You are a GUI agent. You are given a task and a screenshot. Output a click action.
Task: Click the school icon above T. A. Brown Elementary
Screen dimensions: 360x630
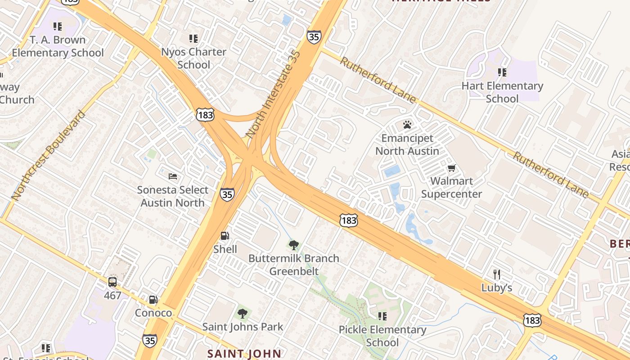(57, 27)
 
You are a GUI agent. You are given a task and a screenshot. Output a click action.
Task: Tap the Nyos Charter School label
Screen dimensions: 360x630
(193, 58)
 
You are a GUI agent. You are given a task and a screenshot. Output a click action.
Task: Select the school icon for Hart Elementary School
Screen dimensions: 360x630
(502, 72)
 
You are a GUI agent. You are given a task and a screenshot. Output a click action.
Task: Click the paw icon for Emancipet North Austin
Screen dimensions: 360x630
(407, 124)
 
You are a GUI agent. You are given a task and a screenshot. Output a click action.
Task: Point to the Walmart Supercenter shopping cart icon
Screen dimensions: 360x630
(451, 168)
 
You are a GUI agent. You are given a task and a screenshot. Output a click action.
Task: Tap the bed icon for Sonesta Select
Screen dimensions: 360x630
(173, 176)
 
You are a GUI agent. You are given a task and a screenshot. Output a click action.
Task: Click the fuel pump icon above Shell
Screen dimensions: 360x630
(225, 235)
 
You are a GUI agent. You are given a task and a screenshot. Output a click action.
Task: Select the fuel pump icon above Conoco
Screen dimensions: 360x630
(153, 299)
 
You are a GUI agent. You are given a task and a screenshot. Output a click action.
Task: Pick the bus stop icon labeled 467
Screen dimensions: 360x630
(112, 282)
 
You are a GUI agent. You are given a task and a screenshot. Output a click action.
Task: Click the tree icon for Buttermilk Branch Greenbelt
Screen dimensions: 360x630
(294, 245)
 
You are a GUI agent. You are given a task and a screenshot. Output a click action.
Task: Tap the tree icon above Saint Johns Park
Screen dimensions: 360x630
(243, 313)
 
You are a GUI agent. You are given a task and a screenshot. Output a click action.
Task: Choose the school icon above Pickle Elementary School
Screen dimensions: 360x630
(382, 316)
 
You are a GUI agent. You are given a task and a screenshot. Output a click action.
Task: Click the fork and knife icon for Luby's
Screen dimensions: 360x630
(497, 274)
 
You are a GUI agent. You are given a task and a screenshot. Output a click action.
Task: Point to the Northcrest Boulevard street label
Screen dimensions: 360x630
(48, 155)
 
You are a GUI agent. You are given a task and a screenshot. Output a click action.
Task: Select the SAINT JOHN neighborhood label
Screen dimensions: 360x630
(244, 354)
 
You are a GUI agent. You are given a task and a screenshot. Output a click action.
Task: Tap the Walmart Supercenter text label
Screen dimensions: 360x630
(451, 188)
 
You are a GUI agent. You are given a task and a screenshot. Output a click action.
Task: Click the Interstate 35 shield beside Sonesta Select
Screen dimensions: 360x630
(227, 194)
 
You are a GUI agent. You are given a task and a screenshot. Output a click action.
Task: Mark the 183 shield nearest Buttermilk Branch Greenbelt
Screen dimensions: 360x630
(349, 220)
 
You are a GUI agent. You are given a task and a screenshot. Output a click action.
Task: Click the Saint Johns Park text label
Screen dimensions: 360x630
(243, 327)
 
